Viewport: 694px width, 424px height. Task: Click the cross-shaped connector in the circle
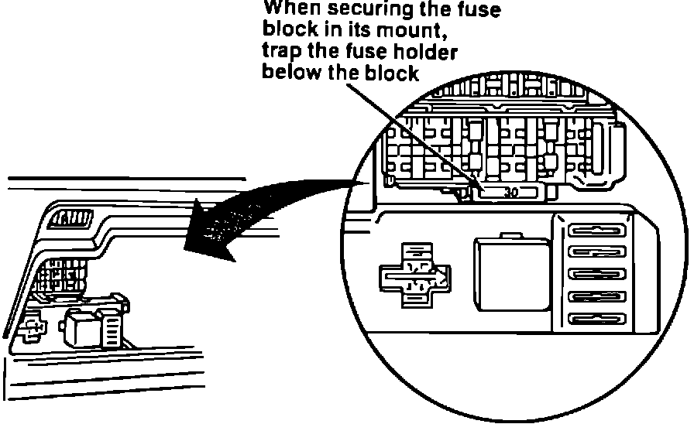[412, 275]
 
